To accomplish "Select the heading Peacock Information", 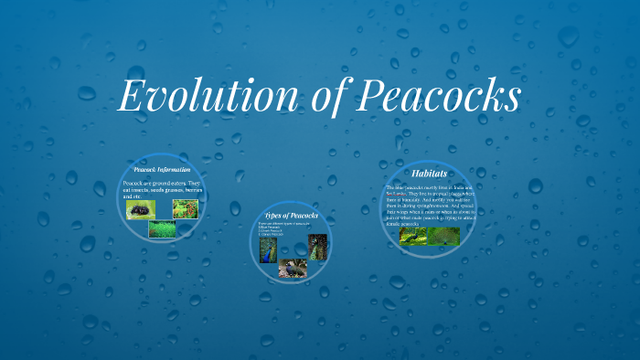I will coord(162,170).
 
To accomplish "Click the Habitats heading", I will coord(429,173).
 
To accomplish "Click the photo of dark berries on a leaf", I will coord(140,210).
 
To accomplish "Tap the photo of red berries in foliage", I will coord(186,209).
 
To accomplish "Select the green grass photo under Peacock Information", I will coord(162,229).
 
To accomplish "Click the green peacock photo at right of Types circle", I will coord(317,247).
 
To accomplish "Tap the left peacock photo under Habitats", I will coord(412,236).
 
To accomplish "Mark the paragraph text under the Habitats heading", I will coord(429,206).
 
